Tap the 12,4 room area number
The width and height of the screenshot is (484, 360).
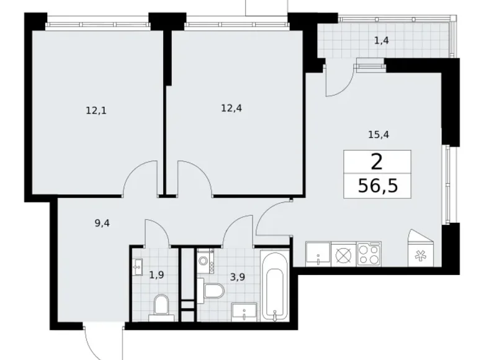point(231,108)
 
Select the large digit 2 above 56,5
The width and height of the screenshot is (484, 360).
point(377,163)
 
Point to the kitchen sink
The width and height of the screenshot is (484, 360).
point(318,254)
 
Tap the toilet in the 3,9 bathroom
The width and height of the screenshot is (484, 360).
point(212,291)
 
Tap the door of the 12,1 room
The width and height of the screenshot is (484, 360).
point(139,178)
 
